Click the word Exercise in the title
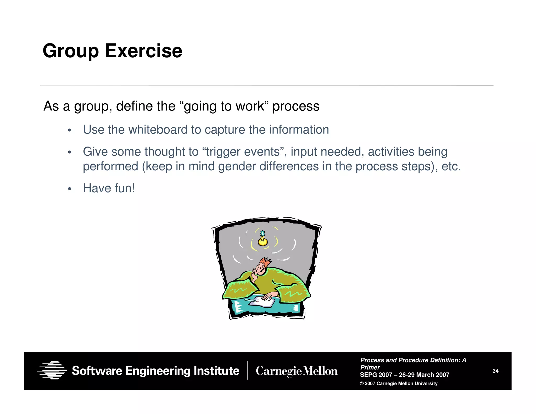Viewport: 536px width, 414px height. coord(143,51)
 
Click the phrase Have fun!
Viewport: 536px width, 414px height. coord(109,188)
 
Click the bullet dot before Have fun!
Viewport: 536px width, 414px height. coord(69,189)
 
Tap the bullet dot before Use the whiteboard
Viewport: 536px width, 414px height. coord(69,130)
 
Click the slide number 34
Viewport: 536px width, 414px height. coord(495,371)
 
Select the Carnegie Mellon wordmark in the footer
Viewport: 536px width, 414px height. coord(297,371)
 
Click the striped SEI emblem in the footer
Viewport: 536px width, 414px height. coord(52,370)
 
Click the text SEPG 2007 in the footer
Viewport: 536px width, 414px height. coord(376,375)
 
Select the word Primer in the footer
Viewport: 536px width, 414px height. coord(370,367)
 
